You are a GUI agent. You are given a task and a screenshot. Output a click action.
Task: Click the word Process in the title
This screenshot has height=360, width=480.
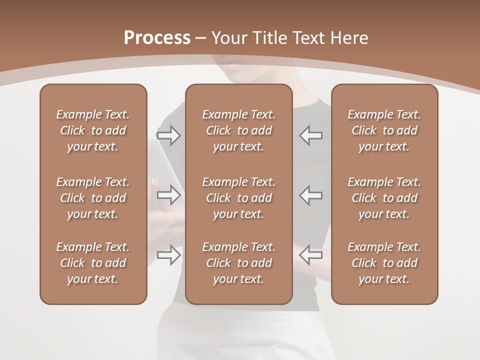click(157, 38)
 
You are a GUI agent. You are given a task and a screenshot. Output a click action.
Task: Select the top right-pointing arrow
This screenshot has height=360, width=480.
click(169, 135)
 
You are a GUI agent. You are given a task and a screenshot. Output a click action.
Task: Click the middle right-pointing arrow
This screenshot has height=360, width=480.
click(169, 195)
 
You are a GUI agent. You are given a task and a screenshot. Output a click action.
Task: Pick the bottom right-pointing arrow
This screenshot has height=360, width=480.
click(169, 255)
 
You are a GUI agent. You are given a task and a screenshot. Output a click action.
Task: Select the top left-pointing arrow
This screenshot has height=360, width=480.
click(311, 135)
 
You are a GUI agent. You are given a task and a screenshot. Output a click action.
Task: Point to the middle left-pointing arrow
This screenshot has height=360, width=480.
click(311, 195)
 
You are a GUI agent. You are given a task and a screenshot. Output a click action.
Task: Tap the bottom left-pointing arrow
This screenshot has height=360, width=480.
click(311, 255)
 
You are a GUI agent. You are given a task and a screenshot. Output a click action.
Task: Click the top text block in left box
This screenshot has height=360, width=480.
click(93, 130)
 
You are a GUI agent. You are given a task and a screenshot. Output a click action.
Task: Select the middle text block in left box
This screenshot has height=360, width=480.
click(93, 198)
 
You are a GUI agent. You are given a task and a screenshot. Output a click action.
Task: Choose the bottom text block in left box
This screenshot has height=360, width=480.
click(93, 263)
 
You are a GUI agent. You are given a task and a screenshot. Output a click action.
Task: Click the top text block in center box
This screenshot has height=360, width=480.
click(239, 130)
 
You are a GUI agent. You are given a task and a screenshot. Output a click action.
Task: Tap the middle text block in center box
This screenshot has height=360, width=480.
click(239, 198)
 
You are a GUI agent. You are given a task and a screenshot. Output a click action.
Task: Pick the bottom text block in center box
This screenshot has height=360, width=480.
click(239, 263)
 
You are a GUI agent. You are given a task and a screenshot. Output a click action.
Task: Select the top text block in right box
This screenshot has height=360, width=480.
click(384, 130)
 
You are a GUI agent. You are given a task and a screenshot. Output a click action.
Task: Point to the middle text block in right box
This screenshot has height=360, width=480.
click(384, 198)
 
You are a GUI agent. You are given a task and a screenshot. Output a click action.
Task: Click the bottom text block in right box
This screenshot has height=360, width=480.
click(384, 263)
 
